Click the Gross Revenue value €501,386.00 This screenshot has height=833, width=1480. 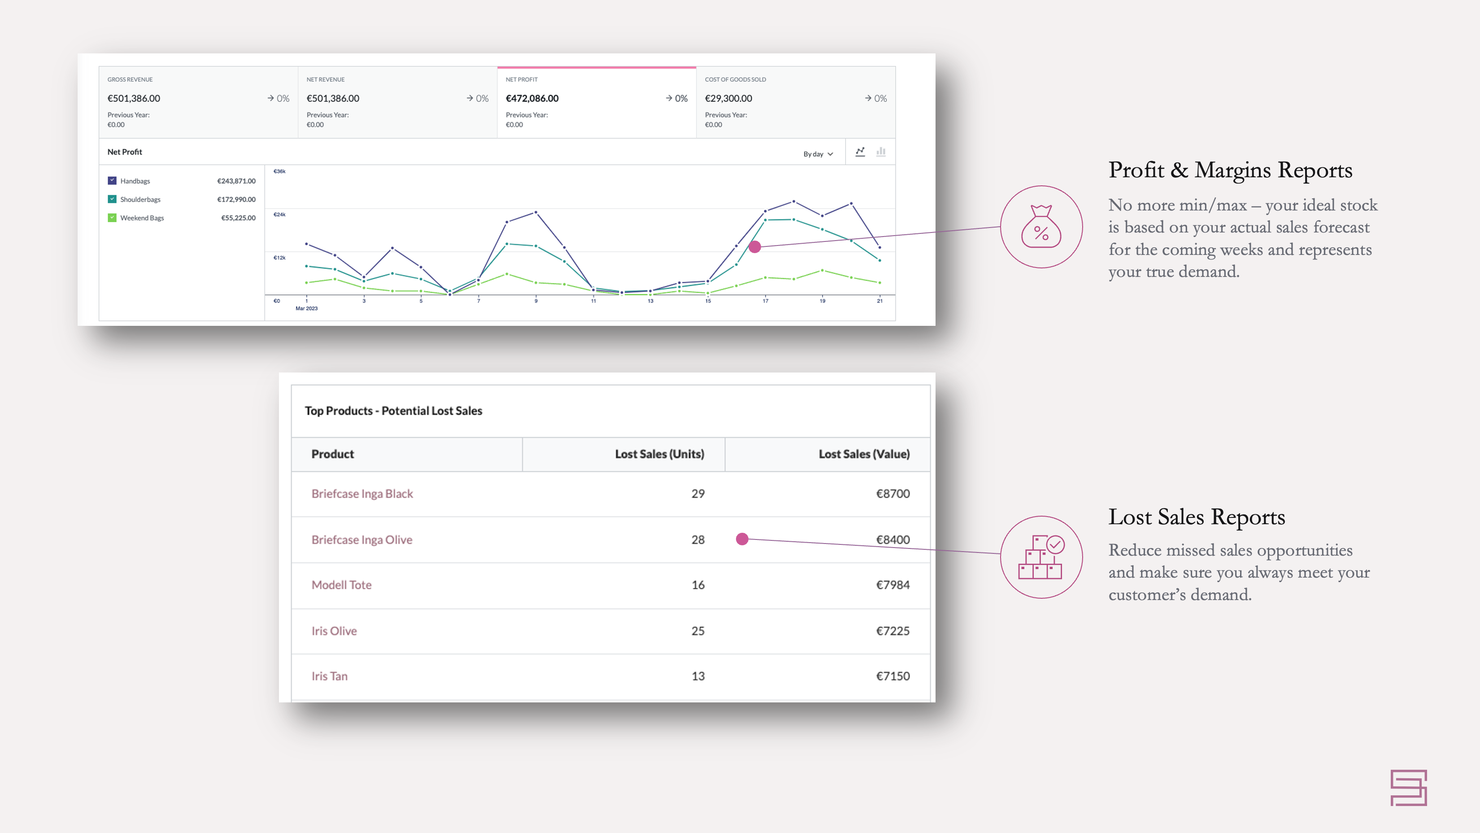[134, 98]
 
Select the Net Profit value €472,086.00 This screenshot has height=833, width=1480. [532, 98]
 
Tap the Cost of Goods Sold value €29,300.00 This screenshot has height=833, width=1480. [728, 98]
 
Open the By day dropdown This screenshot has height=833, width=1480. [818, 153]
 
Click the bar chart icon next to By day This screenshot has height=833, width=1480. [881, 152]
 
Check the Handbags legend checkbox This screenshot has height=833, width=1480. [112, 180]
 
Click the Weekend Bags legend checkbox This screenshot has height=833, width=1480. [112, 217]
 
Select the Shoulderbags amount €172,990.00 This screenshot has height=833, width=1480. [236, 199]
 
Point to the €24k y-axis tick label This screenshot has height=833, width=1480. [279, 215]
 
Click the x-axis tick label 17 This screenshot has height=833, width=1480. [765, 301]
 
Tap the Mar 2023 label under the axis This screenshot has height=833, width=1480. [306, 309]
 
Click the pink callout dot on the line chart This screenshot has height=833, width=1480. [755, 246]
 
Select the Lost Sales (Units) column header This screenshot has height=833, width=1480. [659, 454]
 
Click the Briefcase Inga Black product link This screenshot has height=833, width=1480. [362, 494]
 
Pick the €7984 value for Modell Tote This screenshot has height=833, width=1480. [892, 585]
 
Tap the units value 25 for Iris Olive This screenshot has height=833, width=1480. [697, 631]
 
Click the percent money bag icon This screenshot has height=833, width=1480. [1041, 227]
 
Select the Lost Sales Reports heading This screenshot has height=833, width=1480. [1196, 517]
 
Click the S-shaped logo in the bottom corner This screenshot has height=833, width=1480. [1408, 788]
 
